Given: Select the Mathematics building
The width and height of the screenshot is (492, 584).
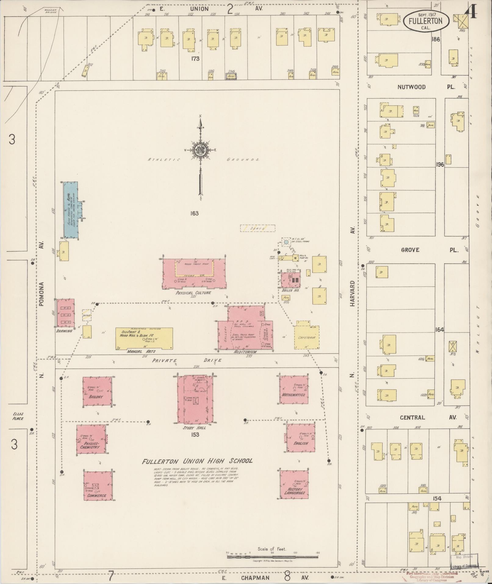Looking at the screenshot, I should tap(294, 391).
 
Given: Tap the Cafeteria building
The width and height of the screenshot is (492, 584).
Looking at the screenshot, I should tap(307, 337).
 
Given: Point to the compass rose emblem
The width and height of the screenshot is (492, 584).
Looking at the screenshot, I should tap(200, 150).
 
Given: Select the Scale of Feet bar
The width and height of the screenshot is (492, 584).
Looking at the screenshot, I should tap(272, 557).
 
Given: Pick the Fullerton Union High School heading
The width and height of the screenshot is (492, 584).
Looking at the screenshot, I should tap(197, 461).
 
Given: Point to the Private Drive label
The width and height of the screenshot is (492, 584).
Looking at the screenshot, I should tap(187, 360).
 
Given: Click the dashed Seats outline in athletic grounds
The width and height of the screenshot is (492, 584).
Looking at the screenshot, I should tap(257, 228).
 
